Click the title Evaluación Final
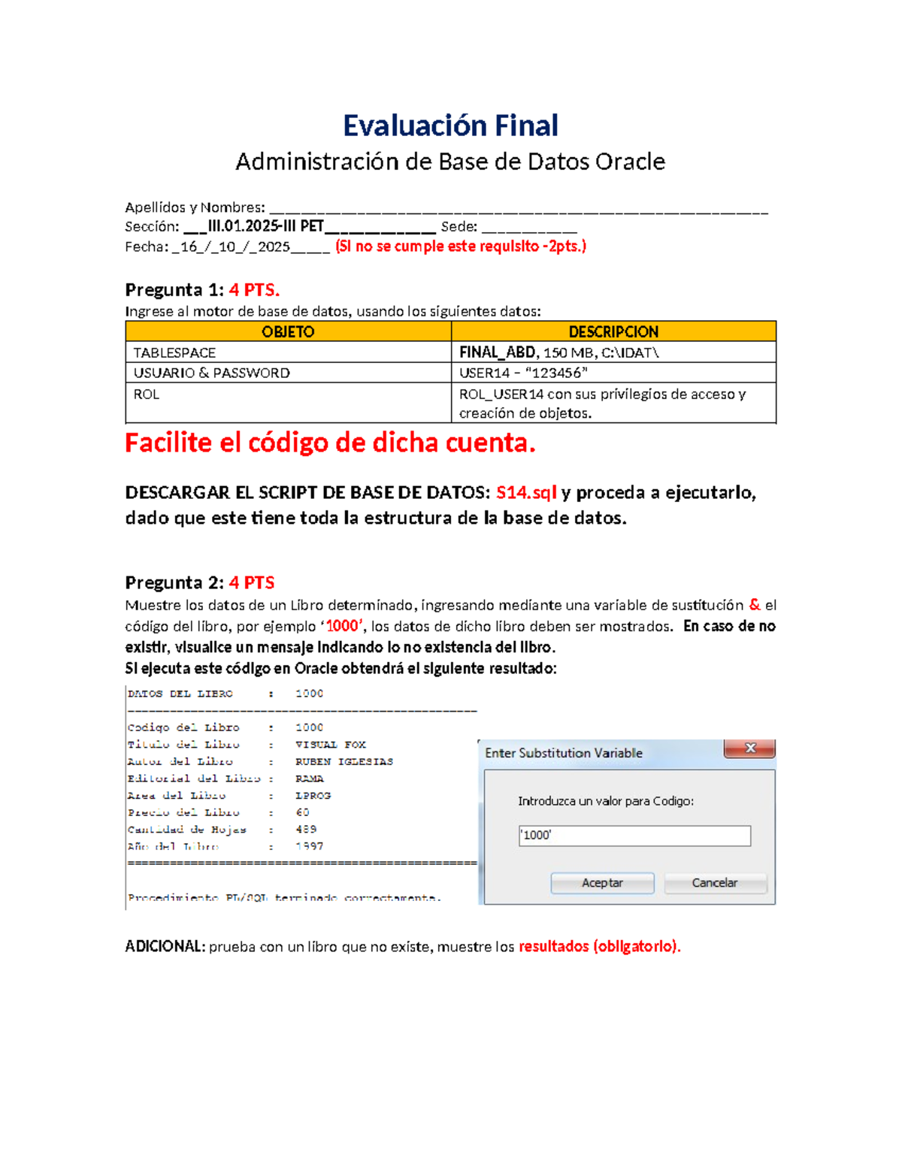(450, 125)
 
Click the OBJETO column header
(288, 331)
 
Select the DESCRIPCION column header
(613, 331)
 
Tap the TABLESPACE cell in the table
(174, 352)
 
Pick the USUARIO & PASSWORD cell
(211, 373)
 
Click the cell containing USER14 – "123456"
(523, 373)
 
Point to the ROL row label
(147, 394)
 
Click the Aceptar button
(602, 883)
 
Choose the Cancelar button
(715, 883)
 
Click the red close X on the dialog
(749, 748)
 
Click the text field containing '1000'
(634, 836)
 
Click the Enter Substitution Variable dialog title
(564, 753)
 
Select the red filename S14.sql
(526, 492)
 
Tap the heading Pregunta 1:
(174, 290)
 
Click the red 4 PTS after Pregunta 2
(252, 582)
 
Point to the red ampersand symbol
(755, 604)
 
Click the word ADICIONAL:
(165, 946)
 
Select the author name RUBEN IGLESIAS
(344, 761)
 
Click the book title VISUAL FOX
(331, 745)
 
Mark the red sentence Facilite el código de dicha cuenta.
(330, 443)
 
